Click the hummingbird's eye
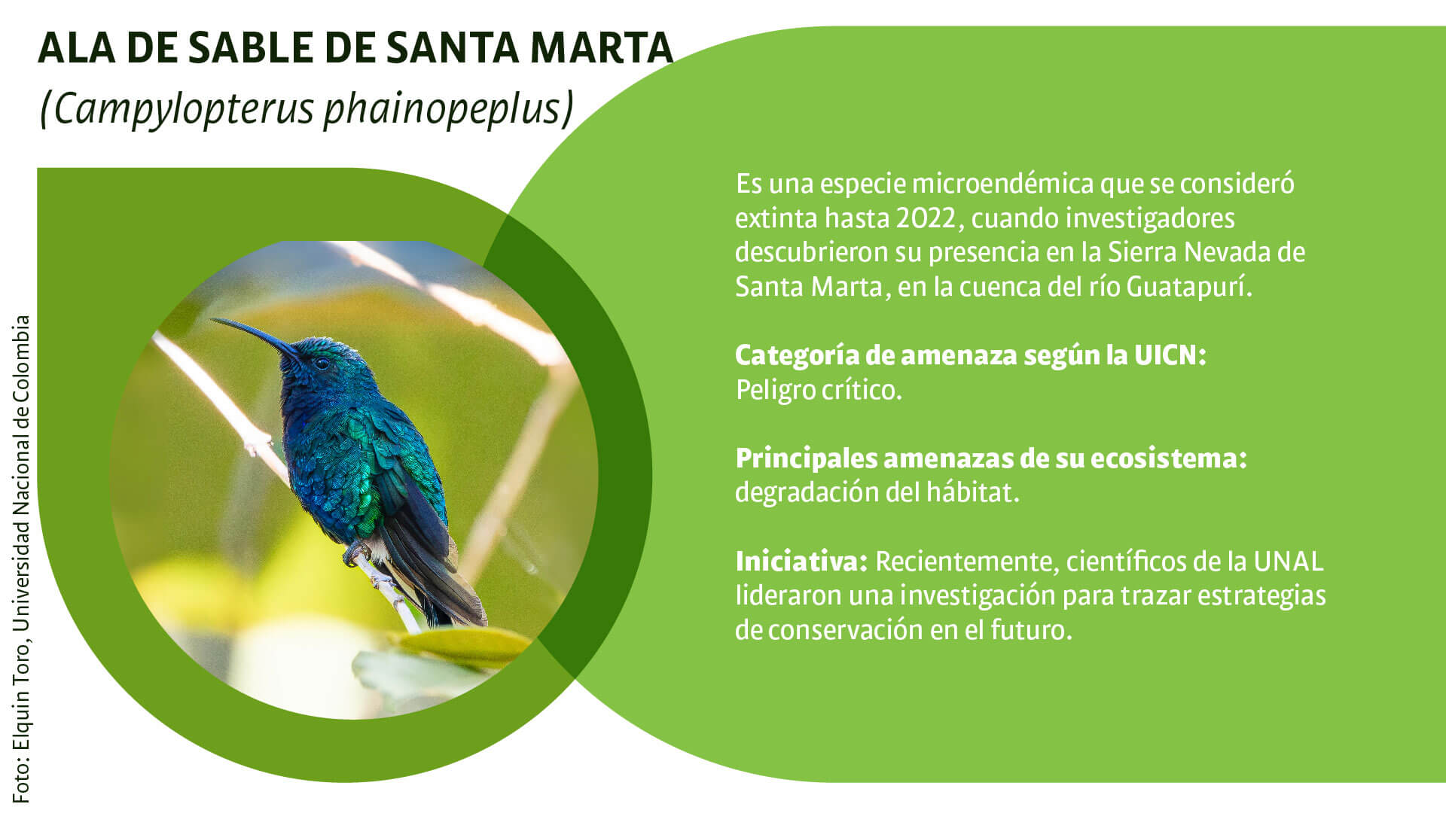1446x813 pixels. click(x=322, y=363)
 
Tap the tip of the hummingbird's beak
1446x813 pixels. click(x=212, y=320)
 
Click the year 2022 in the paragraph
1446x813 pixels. click(x=926, y=218)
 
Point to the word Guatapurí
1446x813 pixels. click(x=1188, y=288)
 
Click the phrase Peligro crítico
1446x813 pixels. click(x=819, y=390)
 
